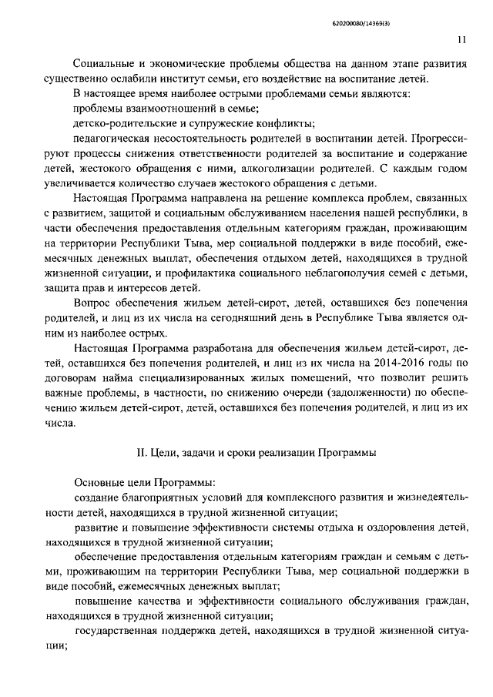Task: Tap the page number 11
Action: (461, 41)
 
